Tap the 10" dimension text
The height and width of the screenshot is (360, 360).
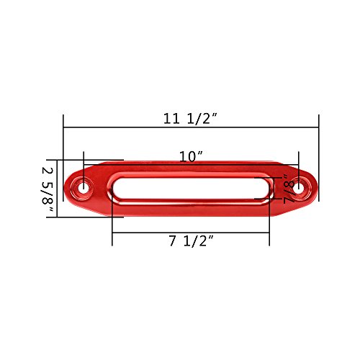pyautogui.click(x=191, y=156)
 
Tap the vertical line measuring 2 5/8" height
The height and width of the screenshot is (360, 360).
pyautogui.click(x=56, y=189)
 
